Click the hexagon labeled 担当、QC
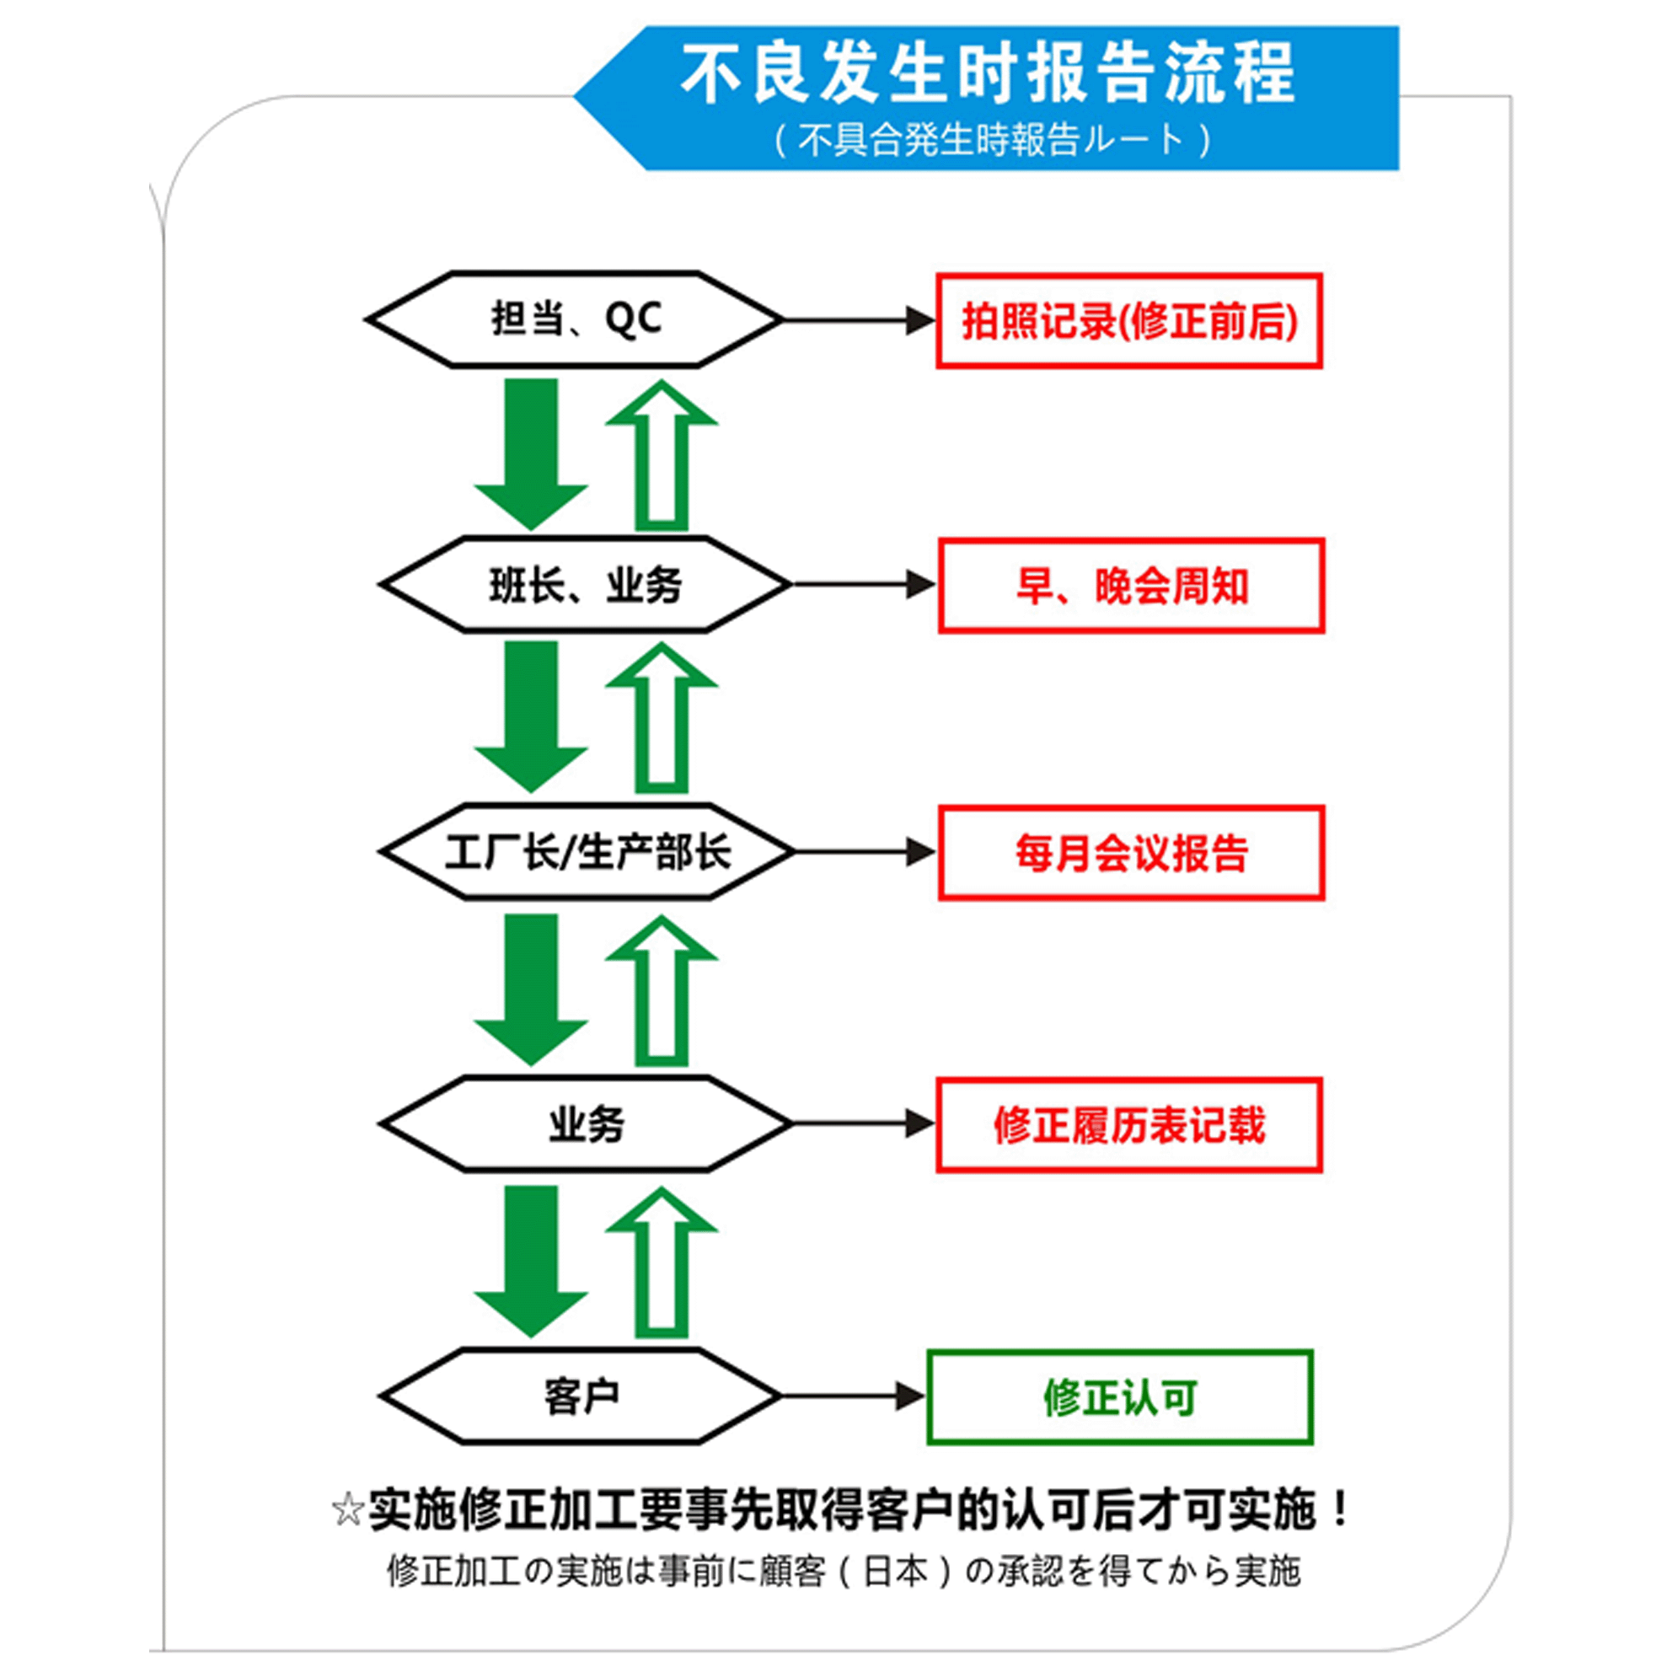[x=575, y=319]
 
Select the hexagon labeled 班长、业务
[x=586, y=584]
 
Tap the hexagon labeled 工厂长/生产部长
[x=587, y=851]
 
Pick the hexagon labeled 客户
[x=580, y=1396]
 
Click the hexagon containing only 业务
[x=586, y=1124]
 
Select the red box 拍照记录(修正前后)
[x=1129, y=321]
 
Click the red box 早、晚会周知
[x=1131, y=586]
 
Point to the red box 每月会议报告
[x=1131, y=854]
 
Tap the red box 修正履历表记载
[x=1129, y=1125]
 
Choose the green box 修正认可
[x=1120, y=1397]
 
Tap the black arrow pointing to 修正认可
[x=854, y=1396]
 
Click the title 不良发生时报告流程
[x=988, y=72]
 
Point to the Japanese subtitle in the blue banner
[x=992, y=138]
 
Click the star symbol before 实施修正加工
[x=347, y=1509]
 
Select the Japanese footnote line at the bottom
[x=844, y=1571]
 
